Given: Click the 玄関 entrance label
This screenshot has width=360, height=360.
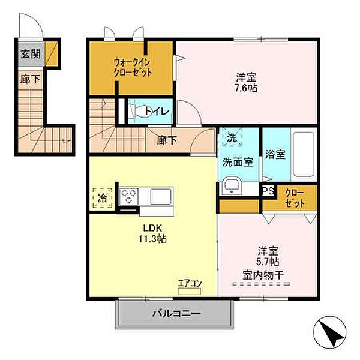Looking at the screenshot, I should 31,54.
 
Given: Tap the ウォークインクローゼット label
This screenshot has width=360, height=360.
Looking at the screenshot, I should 133,67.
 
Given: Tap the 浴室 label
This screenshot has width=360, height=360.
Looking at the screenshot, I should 276,153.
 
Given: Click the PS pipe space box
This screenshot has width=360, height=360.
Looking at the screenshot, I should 267,191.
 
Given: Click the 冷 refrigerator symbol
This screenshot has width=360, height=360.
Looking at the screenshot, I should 103,197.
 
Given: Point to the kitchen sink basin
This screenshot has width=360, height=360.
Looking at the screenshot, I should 161,196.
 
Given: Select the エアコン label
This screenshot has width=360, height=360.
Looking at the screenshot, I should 191,283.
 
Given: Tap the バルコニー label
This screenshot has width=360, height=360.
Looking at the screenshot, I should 176,313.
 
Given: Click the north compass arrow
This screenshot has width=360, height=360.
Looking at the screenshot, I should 331,331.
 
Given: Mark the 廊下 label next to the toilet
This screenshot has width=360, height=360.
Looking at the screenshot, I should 167,140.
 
